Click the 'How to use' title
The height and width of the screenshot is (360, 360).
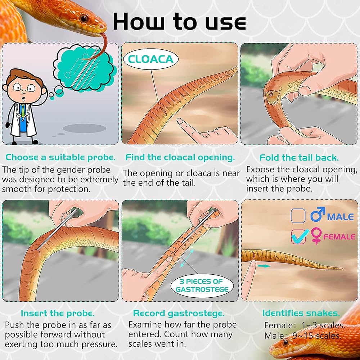(x=179, y=22)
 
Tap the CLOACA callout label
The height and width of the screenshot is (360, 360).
(x=151, y=59)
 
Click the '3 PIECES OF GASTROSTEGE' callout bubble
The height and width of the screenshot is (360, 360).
(x=202, y=285)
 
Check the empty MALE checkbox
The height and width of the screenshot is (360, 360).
(x=298, y=216)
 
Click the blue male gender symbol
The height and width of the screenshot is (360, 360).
(x=318, y=215)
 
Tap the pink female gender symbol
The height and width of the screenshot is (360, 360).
(x=316, y=235)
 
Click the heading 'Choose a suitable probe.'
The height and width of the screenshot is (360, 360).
(x=60, y=158)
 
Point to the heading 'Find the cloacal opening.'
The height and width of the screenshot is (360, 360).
(x=180, y=158)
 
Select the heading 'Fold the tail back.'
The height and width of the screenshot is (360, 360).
(x=299, y=158)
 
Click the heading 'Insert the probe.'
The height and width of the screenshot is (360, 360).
(x=58, y=314)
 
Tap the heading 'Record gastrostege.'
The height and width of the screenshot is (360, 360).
(x=179, y=314)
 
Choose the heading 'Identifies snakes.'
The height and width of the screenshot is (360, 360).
(x=301, y=313)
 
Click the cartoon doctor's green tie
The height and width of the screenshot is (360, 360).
(x=23, y=111)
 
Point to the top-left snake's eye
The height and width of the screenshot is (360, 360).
(x=84, y=18)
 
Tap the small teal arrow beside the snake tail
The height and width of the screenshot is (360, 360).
(x=264, y=266)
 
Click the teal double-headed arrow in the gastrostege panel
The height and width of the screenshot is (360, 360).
(x=186, y=258)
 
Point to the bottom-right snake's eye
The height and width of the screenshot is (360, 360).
(x=286, y=342)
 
